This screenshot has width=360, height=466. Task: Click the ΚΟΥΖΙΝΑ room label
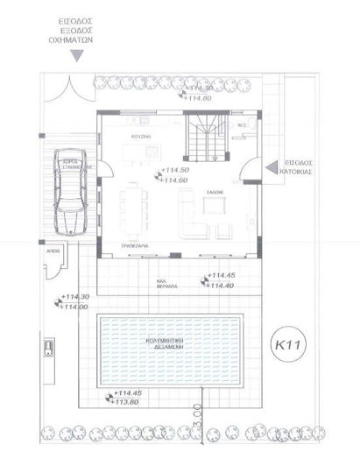pyautogui.click(x=130, y=138)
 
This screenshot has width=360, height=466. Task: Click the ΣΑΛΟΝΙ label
pyautogui.click(x=215, y=190)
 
